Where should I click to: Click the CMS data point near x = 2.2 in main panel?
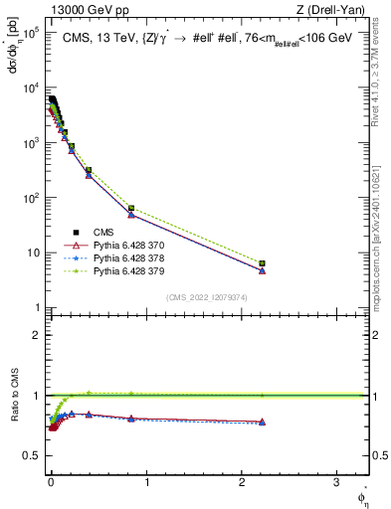262,263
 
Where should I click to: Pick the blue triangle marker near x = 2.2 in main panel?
262,270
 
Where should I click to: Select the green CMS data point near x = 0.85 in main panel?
131,209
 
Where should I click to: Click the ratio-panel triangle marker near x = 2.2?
262,422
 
